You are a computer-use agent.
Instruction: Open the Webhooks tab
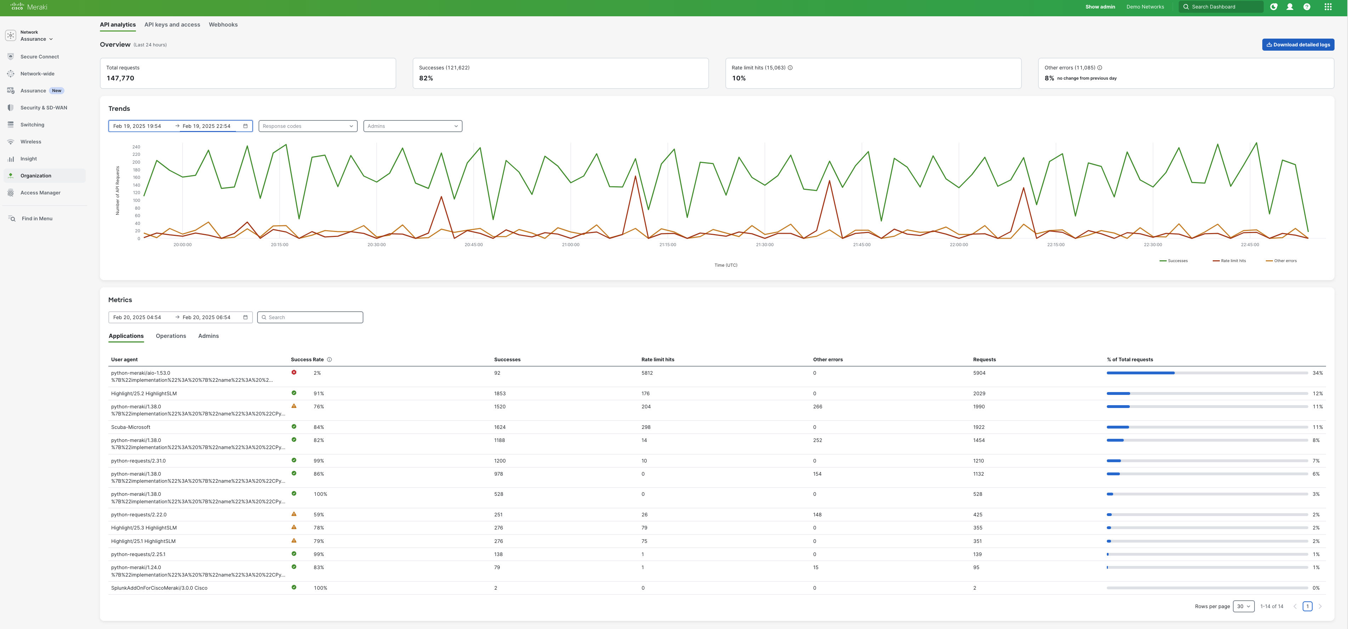pos(223,24)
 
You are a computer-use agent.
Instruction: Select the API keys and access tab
pos(172,24)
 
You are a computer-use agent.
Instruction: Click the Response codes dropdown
pos(308,126)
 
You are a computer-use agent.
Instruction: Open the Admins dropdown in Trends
pos(412,126)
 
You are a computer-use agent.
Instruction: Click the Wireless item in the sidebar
pos(30,142)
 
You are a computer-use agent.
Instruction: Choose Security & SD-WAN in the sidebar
pos(44,108)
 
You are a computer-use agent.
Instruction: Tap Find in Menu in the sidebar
pos(36,219)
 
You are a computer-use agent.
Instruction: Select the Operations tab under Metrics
pos(171,336)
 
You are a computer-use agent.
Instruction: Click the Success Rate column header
pos(307,359)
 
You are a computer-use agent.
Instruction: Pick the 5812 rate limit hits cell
pos(647,373)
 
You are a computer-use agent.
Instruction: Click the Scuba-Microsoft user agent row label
pos(130,427)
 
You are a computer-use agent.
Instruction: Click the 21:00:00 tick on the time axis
pos(570,245)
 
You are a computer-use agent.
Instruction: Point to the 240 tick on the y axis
pos(136,147)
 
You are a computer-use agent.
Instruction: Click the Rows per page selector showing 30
pos(1244,606)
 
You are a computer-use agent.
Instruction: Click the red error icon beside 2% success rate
pos(294,373)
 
